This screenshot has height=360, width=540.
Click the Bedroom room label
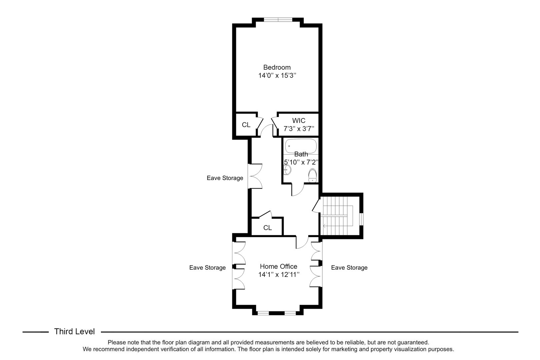[277, 67]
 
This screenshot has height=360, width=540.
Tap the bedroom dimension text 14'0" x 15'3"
[277, 76]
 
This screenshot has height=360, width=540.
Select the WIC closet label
[298, 121]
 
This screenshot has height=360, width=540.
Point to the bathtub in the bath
[301, 146]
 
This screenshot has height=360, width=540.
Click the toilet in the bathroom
[312, 175]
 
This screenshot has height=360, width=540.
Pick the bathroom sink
[287, 171]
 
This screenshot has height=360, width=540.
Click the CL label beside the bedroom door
[246, 125]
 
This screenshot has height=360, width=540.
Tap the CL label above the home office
[267, 228]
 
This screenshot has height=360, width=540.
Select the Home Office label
[278, 266]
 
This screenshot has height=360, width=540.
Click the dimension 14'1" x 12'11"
[278, 275]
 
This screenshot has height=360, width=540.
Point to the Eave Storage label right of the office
[349, 268]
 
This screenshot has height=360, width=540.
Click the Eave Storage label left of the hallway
[225, 178]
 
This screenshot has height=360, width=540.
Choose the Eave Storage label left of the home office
[207, 268]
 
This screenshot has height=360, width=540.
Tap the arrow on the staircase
[325, 226]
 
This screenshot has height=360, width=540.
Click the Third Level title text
[74, 332]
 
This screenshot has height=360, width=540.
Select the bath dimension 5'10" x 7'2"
[301, 162]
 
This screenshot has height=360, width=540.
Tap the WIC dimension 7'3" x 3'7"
[298, 129]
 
